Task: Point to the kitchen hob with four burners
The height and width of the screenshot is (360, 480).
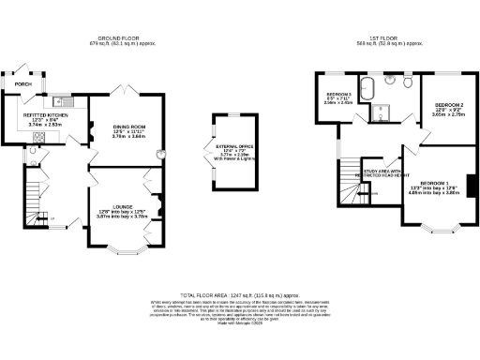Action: pos(39,137)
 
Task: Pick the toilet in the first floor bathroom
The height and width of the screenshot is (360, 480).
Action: pos(408,82)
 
